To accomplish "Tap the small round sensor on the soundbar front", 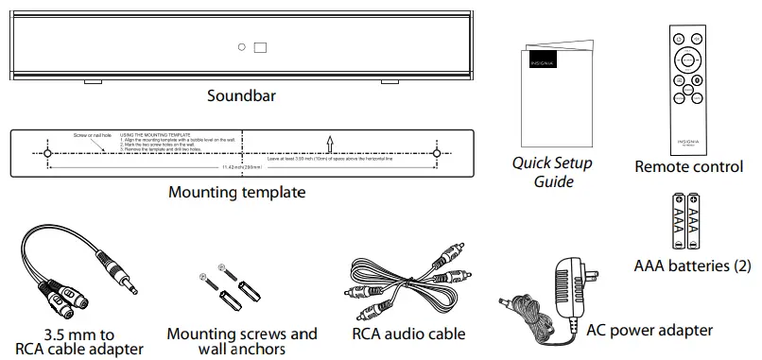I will (242, 47).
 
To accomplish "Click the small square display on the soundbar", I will (260, 47).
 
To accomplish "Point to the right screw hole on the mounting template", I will (437, 153).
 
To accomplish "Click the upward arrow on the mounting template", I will (329, 143).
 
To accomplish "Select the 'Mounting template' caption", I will (236, 193).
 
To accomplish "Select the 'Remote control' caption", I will (689, 167).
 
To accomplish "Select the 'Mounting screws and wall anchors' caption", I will (242, 341).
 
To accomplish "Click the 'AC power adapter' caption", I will (649, 330).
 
